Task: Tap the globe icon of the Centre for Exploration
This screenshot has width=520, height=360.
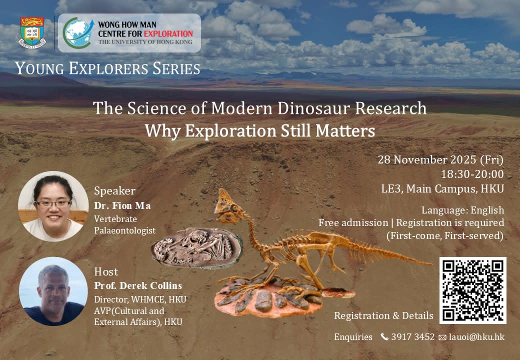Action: click(77, 33)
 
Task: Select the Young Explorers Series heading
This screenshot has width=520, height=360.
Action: click(107, 68)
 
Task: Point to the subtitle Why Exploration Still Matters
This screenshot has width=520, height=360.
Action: click(259, 130)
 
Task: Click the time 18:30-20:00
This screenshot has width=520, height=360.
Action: click(472, 174)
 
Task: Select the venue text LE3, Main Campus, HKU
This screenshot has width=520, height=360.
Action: click(442, 189)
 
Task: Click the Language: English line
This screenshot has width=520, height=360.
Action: click(462, 210)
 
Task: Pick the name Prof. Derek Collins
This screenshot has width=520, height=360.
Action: click(138, 285)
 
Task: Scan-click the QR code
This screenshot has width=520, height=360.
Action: click(473, 290)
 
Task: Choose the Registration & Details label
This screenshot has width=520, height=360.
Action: click(383, 316)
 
